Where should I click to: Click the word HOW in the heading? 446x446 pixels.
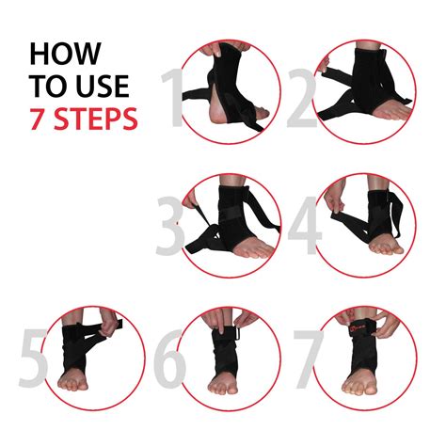point(64,56)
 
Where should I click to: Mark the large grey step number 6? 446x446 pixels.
point(169,358)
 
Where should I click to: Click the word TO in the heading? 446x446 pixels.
point(45,88)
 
